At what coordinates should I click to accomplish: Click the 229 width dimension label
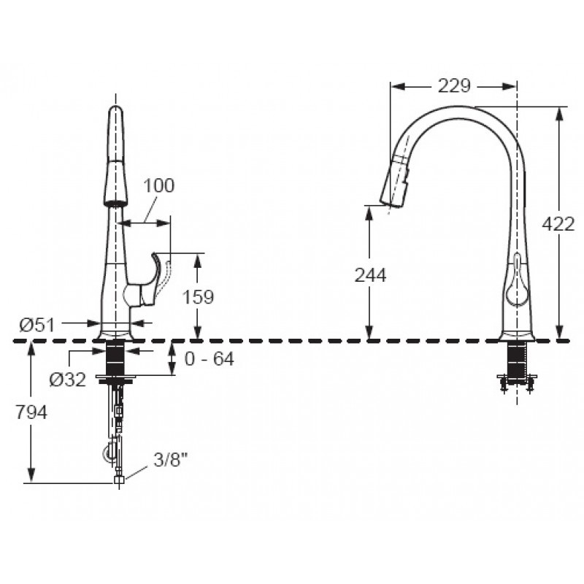[x=453, y=86]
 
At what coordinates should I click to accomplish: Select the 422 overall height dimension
[x=558, y=224]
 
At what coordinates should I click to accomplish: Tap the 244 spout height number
[x=370, y=276]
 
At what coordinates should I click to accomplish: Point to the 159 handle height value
[x=198, y=297]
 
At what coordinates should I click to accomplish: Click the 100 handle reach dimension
[x=158, y=185]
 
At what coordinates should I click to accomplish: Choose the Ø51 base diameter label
[x=37, y=325]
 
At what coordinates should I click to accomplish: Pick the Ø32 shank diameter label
[x=68, y=380]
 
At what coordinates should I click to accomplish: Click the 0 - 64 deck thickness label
[x=210, y=358]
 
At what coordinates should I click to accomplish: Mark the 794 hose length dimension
[x=31, y=412]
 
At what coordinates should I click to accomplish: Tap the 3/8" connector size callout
[x=169, y=461]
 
